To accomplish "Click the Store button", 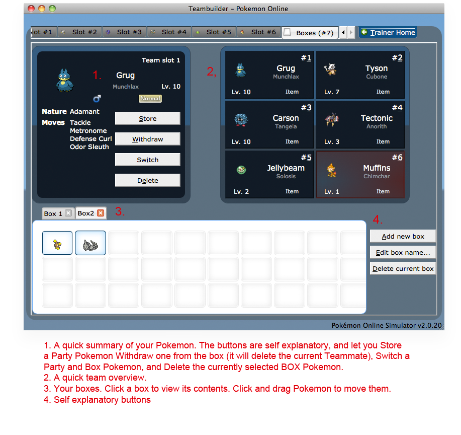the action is pyautogui.click(x=148, y=118).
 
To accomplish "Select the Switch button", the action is pyautogui.click(x=148, y=160).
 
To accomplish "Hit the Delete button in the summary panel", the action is pyautogui.click(x=148, y=180).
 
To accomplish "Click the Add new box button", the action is pyautogui.click(x=403, y=236).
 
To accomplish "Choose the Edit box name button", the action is pyautogui.click(x=403, y=252).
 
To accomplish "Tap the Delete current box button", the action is pyautogui.click(x=403, y=268).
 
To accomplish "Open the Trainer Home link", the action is pyautogui.click(x=388, y=32).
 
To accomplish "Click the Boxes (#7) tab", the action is pyautogui.click(x=310, y=33).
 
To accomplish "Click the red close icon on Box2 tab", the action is pyautogui.click(x=101, y=213).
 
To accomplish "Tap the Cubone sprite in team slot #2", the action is pyautogui.click(x=331, y=69).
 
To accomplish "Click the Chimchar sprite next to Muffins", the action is pyautogui.click(x=331, y=170).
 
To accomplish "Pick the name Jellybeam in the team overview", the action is pyautogui.click(x=286, y=168).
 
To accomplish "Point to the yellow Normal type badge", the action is pyautogui.click(x=150, y=98).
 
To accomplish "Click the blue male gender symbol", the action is pyautogui.click(x=97, y=98).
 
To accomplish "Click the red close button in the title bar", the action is pyautogui.click(x=31, y=9).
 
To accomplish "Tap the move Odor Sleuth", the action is pyautogui.click(x=89, y=147).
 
